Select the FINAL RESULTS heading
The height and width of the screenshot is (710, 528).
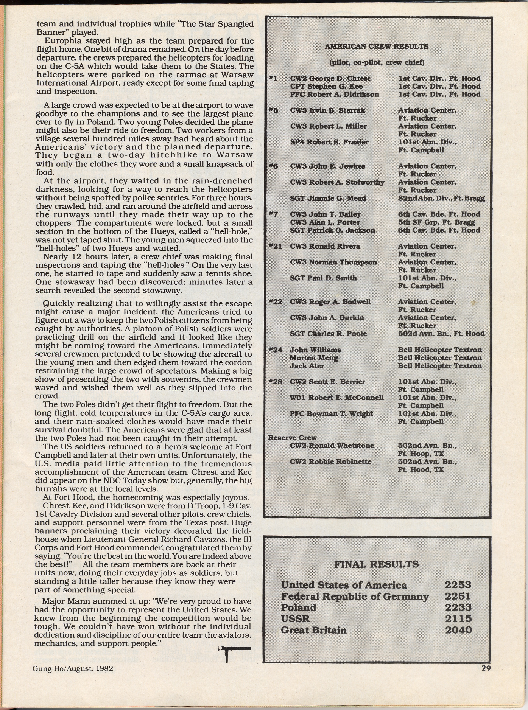[376, 564]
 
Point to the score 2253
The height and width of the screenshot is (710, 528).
[458, 585]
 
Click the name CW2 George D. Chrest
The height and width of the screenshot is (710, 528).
[330, 79]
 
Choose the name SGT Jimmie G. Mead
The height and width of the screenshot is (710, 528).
[328, 198]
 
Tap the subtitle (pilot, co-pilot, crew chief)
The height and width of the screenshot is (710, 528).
[377, 62]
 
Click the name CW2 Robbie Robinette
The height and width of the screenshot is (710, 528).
[330, 462]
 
